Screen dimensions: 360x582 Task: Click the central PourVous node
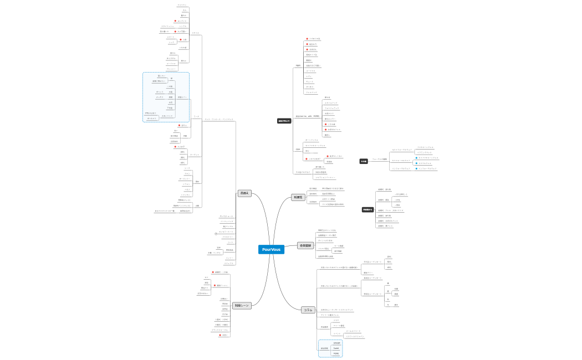[271, 250]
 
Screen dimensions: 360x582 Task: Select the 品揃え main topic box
[244, 193]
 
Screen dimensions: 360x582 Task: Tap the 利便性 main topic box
[298, 197]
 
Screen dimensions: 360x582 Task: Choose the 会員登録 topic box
[305, 245]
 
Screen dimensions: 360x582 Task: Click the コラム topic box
[308, 310]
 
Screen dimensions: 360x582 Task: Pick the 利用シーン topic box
[242, 306]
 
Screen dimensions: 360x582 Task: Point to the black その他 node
[364, 161]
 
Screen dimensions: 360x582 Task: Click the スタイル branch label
[196, 33]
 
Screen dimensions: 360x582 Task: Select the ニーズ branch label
[196, 116]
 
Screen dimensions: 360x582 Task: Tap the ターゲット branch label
[195, 155]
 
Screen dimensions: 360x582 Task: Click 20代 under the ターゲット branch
[182, 152]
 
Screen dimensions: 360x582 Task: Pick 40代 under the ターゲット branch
[182, 163]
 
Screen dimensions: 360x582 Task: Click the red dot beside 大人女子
[175, 147]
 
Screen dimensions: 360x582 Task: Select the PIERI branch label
[298, 66]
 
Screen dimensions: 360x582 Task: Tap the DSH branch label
[298, 150]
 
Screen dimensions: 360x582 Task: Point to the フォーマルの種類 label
[380, 159]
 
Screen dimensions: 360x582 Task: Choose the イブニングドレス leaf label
[425, 152]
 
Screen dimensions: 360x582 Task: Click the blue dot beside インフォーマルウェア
[416, 169]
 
